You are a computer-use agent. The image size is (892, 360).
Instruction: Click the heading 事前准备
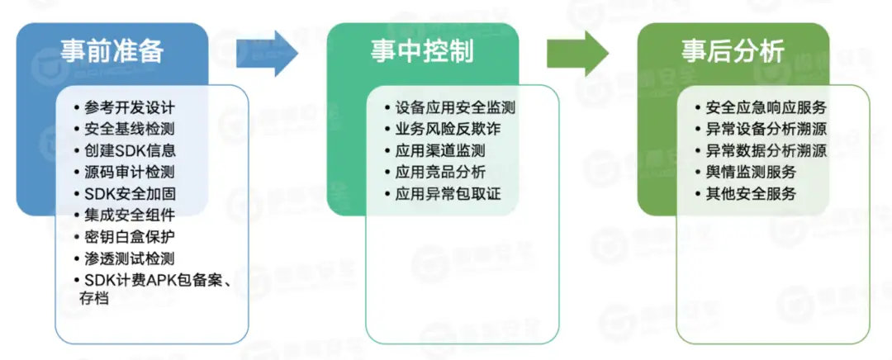[x=112, y=51]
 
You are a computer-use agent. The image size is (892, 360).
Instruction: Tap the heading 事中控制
[x=422, y=51]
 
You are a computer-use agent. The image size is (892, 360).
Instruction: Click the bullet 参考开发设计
[x=130, y=108]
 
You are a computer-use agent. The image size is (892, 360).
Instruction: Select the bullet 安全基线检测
[x=130, y=130]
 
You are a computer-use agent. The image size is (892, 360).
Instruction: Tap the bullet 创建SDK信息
[x=130, y=151]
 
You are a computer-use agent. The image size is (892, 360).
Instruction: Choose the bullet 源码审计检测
[x=130, y=173]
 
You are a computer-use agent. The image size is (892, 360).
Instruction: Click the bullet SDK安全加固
[x=130, y=195]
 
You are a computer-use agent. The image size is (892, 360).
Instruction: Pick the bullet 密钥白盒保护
[x=130, y=238]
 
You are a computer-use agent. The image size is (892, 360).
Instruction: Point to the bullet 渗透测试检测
[x=130, y=259]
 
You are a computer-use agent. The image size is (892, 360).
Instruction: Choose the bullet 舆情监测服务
[x=751, y=173]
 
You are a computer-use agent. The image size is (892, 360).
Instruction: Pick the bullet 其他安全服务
[x=751, y=195]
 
